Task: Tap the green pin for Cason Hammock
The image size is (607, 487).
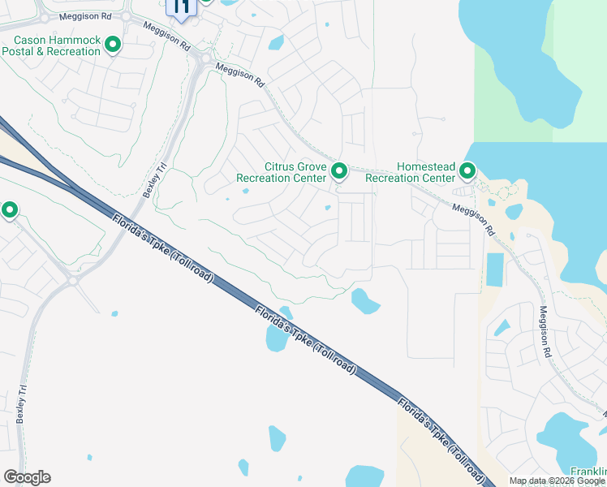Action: pyautogui.click(x=113, y=45)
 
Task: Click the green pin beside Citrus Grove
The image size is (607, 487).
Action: pyautogui.click(x=339, y=171)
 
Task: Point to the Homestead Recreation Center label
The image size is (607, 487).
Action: pyautogui.click(x=410, y=172)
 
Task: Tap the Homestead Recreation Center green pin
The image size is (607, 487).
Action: pyautogui.click(x=467, y=171)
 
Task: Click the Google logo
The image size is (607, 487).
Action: pyautogui.click(x=27, y=477)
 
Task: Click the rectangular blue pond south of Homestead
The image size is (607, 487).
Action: pyautogui.click(x=493, y=269)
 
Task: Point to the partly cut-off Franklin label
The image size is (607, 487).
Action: pyautogui.click(x=589, y=472)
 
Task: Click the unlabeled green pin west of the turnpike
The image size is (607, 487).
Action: pyautogui.click(x=10, y=211)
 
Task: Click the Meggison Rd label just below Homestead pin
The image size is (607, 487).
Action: pyautogui.click(x=473, y=218)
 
